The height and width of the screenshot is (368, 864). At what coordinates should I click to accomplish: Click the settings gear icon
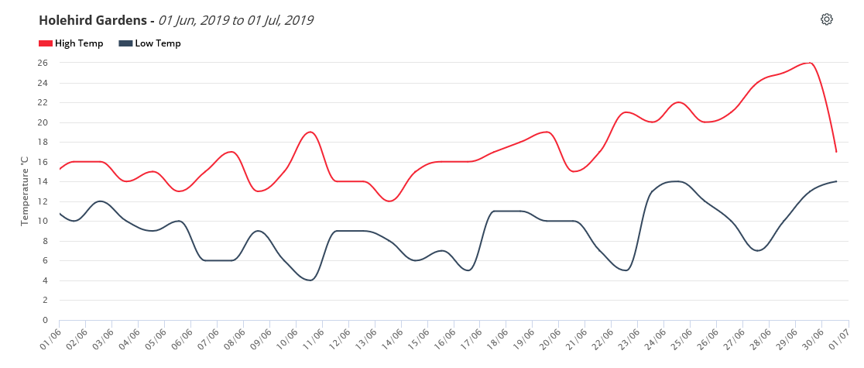pyautogui.click(x=827, y=19)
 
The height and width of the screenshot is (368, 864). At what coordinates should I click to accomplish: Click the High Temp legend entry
pyautogui.click(x=70, y=43)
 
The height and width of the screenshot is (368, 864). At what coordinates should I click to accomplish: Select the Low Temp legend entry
pyautogui.click(x=150, y=43)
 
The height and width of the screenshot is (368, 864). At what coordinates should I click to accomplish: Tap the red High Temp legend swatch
pyautogui.click(x=45, y=43)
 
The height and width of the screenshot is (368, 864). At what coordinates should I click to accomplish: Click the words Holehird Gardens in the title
pyautogui.click(x=93, y=20)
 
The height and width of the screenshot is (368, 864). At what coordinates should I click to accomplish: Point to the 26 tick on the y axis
pyautogui.click(x=43, y=63)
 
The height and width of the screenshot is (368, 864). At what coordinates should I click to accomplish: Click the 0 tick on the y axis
pyautogui.click(x=46, y=320)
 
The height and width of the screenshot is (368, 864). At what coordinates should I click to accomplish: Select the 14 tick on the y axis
pyautogui.click(x=43, y=181)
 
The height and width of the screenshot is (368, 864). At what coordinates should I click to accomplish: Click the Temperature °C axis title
pyautogui.click(x=24, y=191)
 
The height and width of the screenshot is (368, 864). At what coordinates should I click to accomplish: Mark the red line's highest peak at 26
pyautogui.click(x=809, y=63)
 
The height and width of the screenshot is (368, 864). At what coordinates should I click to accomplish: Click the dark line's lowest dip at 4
pyautogui.click(x=310, y=280)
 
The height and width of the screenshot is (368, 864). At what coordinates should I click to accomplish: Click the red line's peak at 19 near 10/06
pyautogui.click(x=310, y=132)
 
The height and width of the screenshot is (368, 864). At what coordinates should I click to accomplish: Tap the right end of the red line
pyautogui.click(x=836, y=152)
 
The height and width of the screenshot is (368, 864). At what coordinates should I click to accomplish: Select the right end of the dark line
pyautogui.click(x=836, y=181)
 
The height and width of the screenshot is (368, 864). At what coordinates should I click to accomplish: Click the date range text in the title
pyautogui.click(x=236, y=20)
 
